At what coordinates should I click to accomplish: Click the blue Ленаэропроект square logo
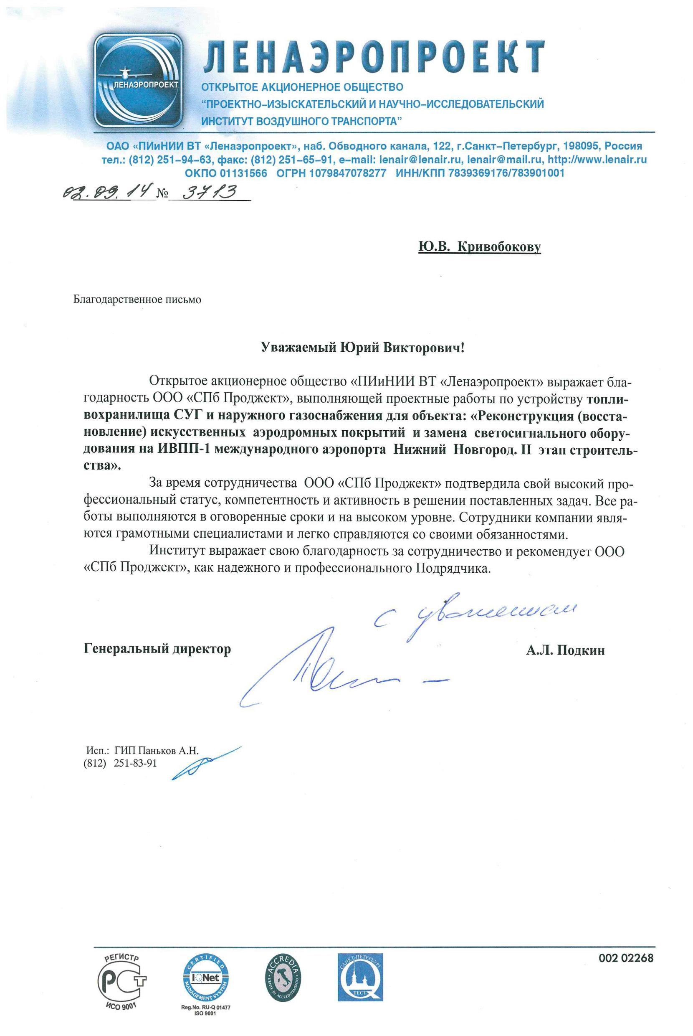[x=139, y=81]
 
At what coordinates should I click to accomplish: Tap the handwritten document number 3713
[x=210, y=192]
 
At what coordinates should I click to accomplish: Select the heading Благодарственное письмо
[x=137, y=300]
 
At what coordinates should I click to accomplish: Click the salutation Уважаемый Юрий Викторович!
[x=362, y=348]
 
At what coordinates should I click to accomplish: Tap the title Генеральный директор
[x=157, y=649]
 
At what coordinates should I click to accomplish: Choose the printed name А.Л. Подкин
[x=565, y=650]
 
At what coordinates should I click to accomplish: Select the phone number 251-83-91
[x=135, y=763]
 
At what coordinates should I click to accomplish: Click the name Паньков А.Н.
[x=169, y=750]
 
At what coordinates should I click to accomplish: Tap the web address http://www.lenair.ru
[x=597, y=160]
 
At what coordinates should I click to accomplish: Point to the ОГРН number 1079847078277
[x=331, y=173]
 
